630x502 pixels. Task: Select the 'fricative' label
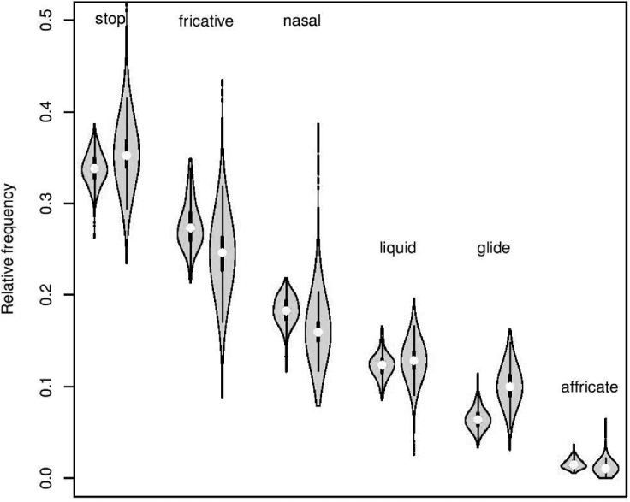[205, 21]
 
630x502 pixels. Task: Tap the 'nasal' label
[301, 21]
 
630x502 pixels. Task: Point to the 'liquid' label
[397, 249]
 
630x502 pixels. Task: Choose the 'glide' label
[493, 249]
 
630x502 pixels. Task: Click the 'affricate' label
[589, 387]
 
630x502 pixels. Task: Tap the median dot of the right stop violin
[127, 156]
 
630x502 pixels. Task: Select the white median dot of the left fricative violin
[190, 227]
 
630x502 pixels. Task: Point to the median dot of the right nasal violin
[318, 331]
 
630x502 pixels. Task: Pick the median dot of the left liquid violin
[382, 365]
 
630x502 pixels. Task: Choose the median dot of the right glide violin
[510, 387]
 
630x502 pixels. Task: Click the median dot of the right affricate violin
[606, 468]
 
